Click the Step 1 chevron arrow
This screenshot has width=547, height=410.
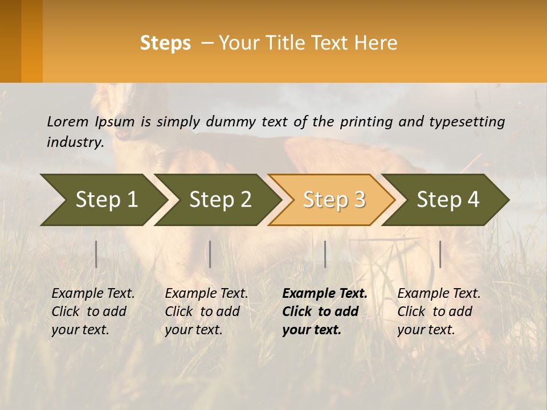click(x=103, y=200)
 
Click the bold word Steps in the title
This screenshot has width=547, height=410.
click(x=165, y=43)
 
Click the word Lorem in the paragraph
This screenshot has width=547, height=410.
click(x=68, y=121)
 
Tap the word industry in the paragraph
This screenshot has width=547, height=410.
click(x=75, y=142)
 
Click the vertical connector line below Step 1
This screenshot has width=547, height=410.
click(x=96, y=254)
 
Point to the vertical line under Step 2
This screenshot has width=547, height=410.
click(x=210, y=254)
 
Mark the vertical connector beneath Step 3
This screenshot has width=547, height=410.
click(x=325, y=254)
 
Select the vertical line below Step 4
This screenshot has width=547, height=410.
click(x=440, y=254)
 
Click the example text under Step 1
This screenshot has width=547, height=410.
click(x=93, y=311)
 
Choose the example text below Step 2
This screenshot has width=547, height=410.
click(x=206, y=311)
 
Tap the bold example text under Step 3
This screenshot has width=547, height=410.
click(x=325, y=311)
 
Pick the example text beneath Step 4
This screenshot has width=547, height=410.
click(x=439, y=311)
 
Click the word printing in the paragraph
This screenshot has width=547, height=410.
click(x=362, y=121)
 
